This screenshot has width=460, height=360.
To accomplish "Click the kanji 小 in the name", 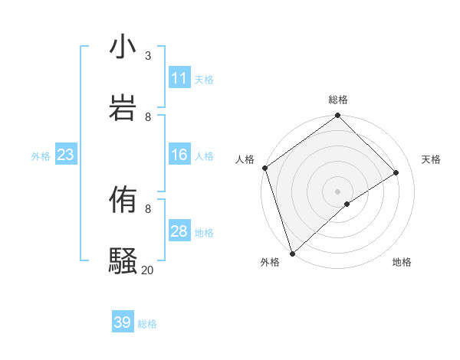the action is (x=123, y=47).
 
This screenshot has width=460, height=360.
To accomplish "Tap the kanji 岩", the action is (x=123, y=107).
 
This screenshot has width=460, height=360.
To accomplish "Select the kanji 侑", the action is (x=123, y=200).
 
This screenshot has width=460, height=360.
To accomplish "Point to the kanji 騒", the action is (x=123, y=260).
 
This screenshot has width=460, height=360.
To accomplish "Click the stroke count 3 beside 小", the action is (x=148, y=55).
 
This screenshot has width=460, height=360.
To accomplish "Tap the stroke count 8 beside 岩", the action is (x=148, y=116).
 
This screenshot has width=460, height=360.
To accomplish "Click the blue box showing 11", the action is (x=179, y=78).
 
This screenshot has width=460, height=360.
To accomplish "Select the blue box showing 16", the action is (x=179, y=155).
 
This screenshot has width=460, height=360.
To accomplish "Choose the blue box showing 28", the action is (x=179, y=231).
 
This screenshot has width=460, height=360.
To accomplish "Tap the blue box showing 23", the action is (x=65, y=155).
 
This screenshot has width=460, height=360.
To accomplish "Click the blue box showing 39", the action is (x=123, y=322).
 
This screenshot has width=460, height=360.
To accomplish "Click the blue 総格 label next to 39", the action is (x=147, y=324).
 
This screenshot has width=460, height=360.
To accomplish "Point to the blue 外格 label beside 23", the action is (x=41, y=156).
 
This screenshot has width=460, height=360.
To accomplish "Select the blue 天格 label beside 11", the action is (x=204, y=80).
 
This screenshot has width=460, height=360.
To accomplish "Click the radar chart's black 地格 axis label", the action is (x=402, y=262).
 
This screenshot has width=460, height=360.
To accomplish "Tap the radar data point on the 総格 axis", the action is (x=337, y=116).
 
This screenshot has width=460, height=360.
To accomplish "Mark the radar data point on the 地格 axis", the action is (x=347, y=204).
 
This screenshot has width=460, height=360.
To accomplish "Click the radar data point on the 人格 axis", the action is (x=264, y=168).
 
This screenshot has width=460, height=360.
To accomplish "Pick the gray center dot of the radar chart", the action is (x=337, y=191).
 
